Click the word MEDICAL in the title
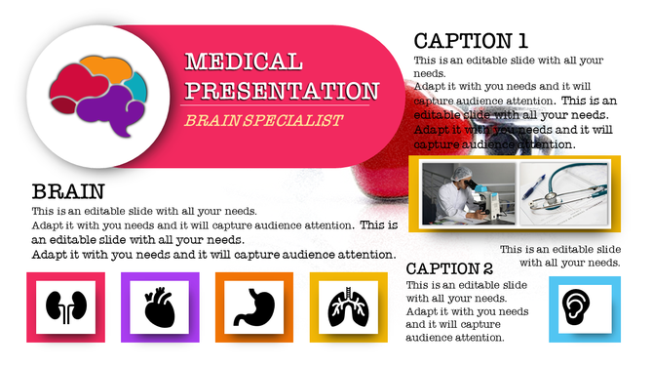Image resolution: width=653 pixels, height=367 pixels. click(244, 63)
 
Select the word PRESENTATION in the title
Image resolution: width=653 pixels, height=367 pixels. click(282, 92)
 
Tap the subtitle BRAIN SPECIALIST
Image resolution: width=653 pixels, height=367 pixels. click(263, 121)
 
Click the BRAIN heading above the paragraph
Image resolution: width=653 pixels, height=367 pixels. click(67, 191)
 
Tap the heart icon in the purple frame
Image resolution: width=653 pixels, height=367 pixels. click(159, 306)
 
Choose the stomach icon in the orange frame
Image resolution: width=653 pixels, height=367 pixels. click(253, 306)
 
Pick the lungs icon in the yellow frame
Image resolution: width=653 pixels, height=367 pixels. click(347, 306)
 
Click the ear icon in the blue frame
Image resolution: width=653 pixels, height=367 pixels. click(584, 308)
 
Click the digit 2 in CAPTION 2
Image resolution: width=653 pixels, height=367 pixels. click(485, 268)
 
